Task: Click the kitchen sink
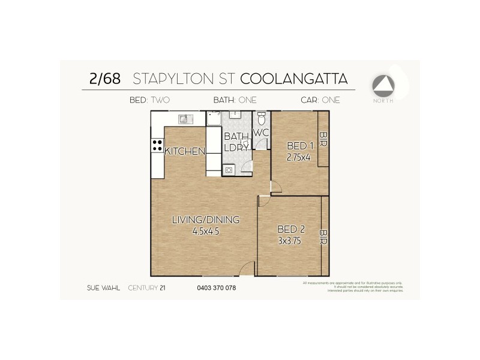(x=185, y=119)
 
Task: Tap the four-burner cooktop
(x=157, y=145)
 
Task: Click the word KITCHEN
(x=184, y=152)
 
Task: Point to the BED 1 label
(x=300, y=146)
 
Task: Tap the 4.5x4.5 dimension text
(x=205, y=231)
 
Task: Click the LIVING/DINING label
(x=205, y=220)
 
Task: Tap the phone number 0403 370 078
(x=216, y=288)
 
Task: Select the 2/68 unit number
(x=104, y=79)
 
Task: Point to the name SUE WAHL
(x=103, y=288)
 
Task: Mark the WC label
(x=260, y=133)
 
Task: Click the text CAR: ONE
(x=320, y=100)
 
